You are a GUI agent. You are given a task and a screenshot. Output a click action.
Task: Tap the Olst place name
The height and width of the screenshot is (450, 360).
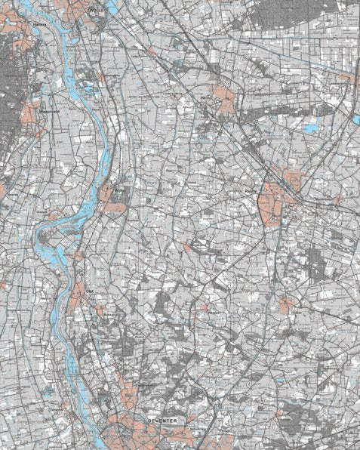(88, 290)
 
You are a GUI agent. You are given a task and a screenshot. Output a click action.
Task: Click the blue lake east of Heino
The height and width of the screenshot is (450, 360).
(311, 129)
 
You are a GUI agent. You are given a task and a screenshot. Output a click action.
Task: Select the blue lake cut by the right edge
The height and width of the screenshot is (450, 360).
(355, 119)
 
